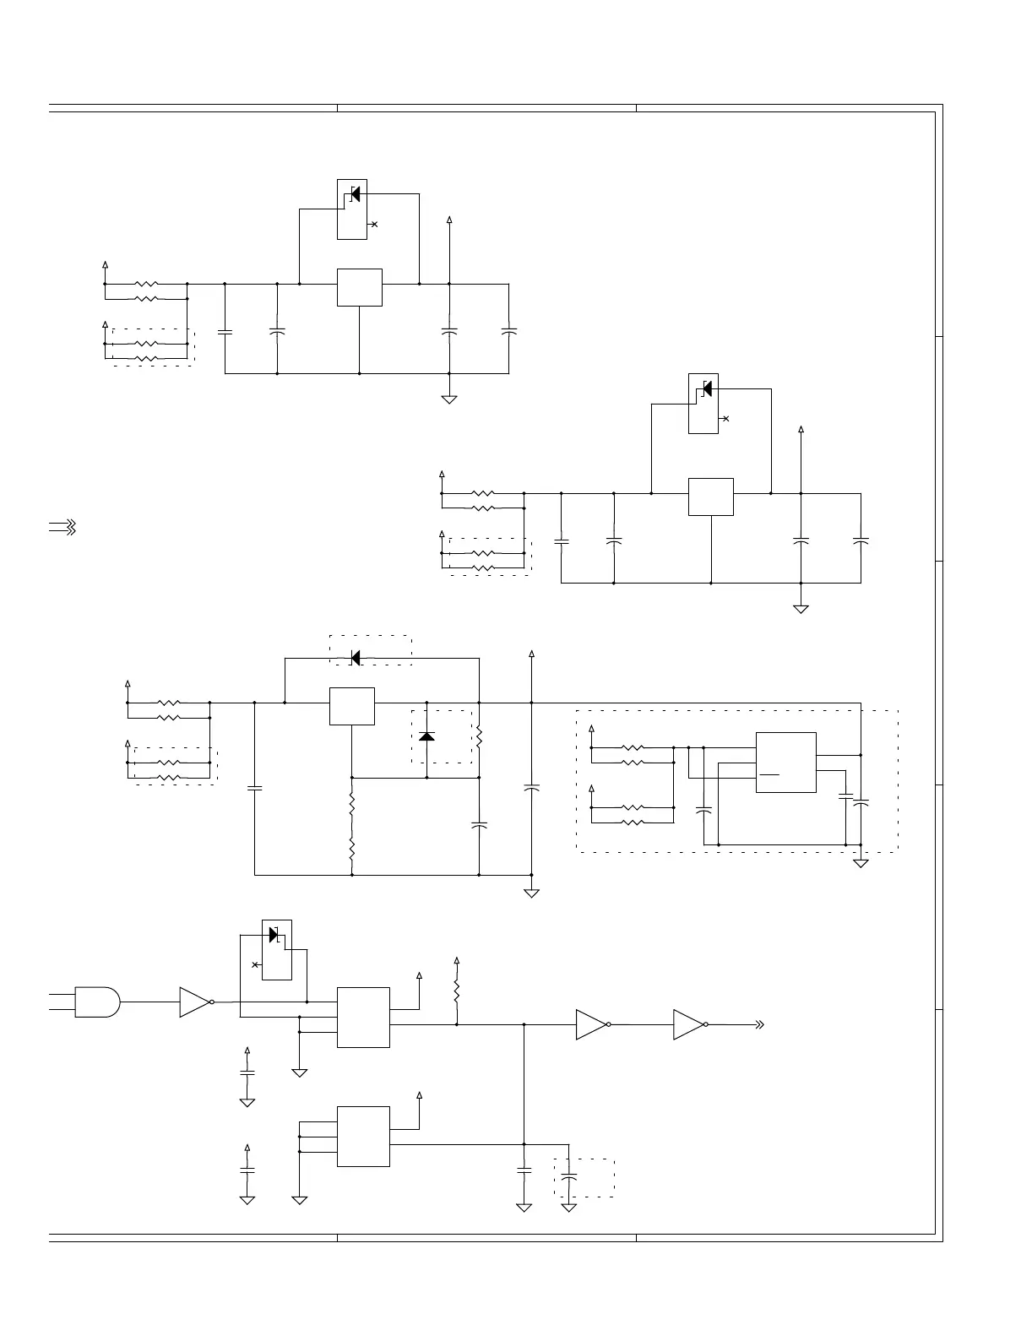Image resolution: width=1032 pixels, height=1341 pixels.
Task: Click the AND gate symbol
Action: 96,1002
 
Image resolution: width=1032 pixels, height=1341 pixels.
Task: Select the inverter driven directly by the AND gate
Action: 195,1002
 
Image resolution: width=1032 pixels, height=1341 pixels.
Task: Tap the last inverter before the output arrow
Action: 689,1024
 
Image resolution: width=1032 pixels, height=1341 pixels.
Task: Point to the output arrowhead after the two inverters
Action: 759,1024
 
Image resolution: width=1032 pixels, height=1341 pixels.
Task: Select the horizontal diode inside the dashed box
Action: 356,657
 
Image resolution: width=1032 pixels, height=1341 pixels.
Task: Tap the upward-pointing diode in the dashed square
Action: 427,736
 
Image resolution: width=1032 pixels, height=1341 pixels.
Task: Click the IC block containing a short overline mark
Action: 785,762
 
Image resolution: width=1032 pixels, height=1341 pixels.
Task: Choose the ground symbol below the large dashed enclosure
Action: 861,863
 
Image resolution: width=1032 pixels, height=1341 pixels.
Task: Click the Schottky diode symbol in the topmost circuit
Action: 355,193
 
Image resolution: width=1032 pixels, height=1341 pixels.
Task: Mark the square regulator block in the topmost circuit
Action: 360,287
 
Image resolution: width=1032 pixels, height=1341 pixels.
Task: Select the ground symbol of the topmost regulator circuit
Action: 449,399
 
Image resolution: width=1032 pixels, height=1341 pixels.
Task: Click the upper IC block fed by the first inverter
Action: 363,1017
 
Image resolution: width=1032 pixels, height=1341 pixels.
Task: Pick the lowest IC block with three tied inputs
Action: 363,1136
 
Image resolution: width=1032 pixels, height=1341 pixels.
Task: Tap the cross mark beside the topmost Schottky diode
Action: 374,224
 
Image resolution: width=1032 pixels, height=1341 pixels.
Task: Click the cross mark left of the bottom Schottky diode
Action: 255,964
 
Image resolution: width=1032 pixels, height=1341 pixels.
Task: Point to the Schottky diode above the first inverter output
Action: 274,935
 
